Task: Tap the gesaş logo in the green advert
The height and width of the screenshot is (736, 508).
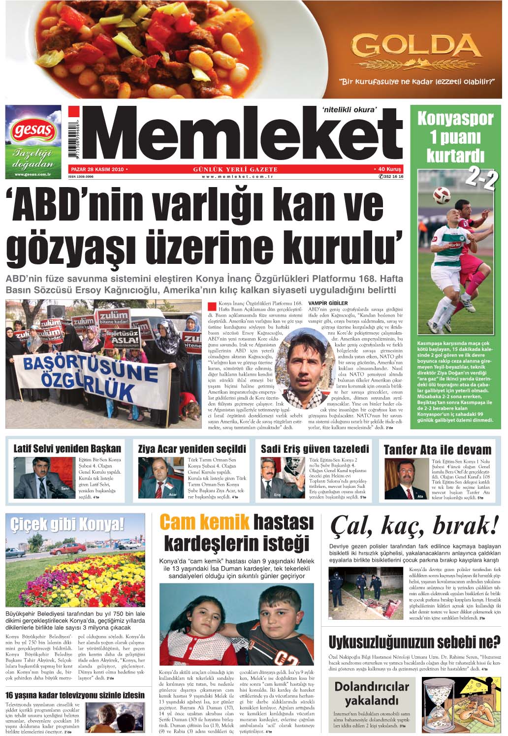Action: pyautogui.click(x=33, y=129)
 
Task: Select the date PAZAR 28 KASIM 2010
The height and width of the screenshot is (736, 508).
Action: pyautogui.click(x=97, y=169)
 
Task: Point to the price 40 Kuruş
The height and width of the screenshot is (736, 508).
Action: pyautogui.click(x=388, y=169)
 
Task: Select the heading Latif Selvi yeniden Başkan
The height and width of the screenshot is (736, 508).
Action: pyautogui.click(x=67, y=449)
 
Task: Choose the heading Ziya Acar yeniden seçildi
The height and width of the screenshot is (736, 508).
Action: pyautogui.click(x=192, y=449)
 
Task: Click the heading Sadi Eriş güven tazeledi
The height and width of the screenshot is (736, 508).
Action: pyautogui.click(x=315, y=449)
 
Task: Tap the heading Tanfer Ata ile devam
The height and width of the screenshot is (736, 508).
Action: pyautogui.click(x=437, y=450)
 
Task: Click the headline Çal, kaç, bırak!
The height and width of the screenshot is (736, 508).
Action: pyautogui.click(x=414, y=526)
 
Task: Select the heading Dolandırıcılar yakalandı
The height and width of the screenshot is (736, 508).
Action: pyautogui.click(x=372, y=693)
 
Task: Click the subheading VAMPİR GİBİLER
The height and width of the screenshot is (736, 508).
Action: pyautogui.click(x=327, y=303)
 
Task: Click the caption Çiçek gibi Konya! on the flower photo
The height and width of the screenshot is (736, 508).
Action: pyautogui.click(x=67, y=524)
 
